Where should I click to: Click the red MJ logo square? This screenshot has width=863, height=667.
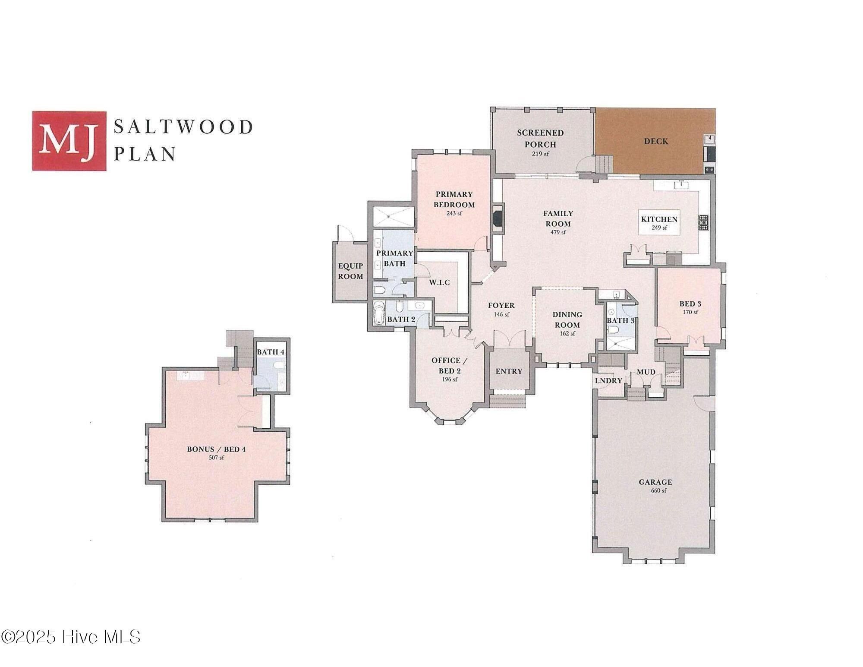[x=69, y=141]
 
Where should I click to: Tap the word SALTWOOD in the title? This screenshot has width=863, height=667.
[x=183, y=127]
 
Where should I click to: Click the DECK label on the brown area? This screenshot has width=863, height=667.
[x=656, y=141]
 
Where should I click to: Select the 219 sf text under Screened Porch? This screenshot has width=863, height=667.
[x=540, y=154]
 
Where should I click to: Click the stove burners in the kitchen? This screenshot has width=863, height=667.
[x=703, y=222]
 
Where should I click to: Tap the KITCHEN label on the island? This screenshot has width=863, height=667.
[x=659, y=219]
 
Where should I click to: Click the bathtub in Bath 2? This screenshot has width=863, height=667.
[x=379, y=313]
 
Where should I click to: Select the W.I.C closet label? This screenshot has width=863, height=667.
[x=439, y=282]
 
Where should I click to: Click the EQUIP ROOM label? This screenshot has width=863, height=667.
[x=350, y=271]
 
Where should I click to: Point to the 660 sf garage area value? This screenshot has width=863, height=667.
[x=655, y=490]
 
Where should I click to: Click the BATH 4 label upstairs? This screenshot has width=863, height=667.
[x=271, y=352]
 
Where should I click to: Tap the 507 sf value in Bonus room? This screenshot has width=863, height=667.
[x=216, y=458]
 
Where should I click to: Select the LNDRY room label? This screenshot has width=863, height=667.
[x=608, y=380]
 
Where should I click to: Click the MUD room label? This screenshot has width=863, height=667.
[x=646, y=372]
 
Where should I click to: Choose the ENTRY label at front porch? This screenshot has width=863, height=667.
[x=509, y=371]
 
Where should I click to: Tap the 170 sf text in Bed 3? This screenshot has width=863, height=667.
[x=690, y=312]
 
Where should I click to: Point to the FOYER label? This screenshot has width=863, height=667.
[x=501, y=305]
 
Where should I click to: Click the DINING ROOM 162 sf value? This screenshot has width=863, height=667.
[x=567, y=334]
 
